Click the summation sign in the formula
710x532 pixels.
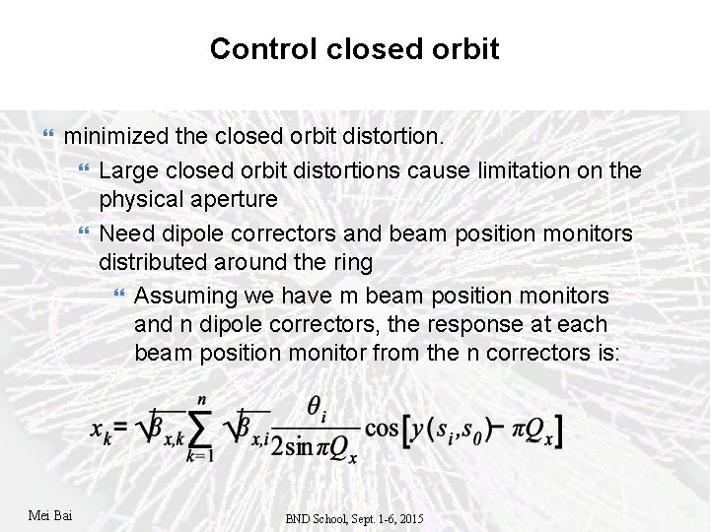tap(200, 431)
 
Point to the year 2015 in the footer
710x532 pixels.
tap(409, 517)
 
